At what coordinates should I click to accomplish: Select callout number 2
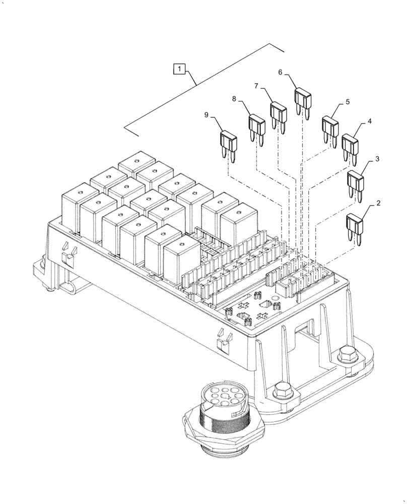pos(378,205)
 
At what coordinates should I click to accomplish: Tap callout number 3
pos(377,159)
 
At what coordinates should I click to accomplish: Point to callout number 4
pos(370,122)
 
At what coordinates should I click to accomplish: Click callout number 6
pos(281,72)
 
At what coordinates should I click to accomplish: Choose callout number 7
pos(256,86)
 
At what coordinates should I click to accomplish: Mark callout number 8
pos(234,99)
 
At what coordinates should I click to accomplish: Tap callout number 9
pos(207,115)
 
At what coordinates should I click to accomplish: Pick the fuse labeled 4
pos(351,144)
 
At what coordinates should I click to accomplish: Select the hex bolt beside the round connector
pos(280,391)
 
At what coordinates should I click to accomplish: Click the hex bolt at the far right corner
pos(347,353)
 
